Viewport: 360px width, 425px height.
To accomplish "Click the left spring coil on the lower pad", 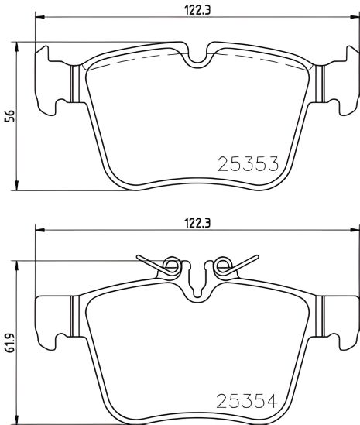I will coord(172,266).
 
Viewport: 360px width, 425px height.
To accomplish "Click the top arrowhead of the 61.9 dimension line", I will coord(19,262).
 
